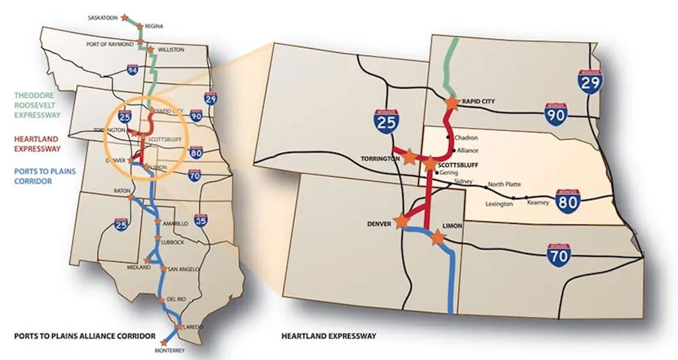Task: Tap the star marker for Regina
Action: (x=140, y=26)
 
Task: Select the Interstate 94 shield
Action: (x=133, y=70)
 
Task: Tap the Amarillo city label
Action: (x=174, y=223)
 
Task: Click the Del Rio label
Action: (x=176, y=298)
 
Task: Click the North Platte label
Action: (x=504, y=183)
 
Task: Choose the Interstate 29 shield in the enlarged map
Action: (x=591, y=81)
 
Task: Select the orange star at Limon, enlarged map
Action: (x=438, y=237)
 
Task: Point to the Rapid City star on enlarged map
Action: (x=452, y=102)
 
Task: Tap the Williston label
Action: (x=171, y=49)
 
